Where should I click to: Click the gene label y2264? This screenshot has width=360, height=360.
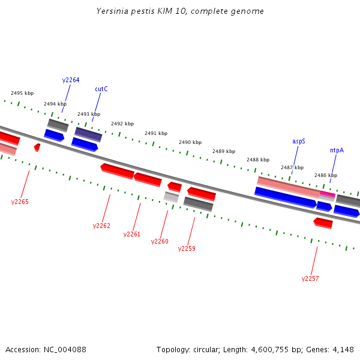tap(71, 80)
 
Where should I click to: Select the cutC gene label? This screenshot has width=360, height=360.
tap(101, 89)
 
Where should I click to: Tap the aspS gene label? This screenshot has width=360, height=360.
tap(299, 141)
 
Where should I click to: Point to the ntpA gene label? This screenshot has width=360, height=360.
tap(337, 150)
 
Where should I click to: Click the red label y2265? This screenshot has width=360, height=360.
tap(20, 202)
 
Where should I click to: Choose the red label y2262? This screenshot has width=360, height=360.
tap(101, 226)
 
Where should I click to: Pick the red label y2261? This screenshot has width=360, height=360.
tap(131, 234)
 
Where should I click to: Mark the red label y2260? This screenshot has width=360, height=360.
tap(160, 241)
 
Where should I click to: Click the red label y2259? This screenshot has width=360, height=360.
tap(187, 248)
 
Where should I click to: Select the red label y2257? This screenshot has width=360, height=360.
tap(310, 278)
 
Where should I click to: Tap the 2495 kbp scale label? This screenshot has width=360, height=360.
tap(22, 93)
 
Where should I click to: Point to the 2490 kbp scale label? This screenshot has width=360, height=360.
tap(190, 142)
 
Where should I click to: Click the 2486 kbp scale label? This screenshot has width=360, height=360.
tap(326, 175)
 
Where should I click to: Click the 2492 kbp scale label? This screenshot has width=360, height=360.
tap(122, 124)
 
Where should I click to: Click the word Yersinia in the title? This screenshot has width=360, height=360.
tap(112, 11)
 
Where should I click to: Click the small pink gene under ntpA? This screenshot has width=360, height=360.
tap(327, 194)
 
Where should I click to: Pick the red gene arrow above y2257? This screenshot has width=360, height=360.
tap(323, 223)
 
